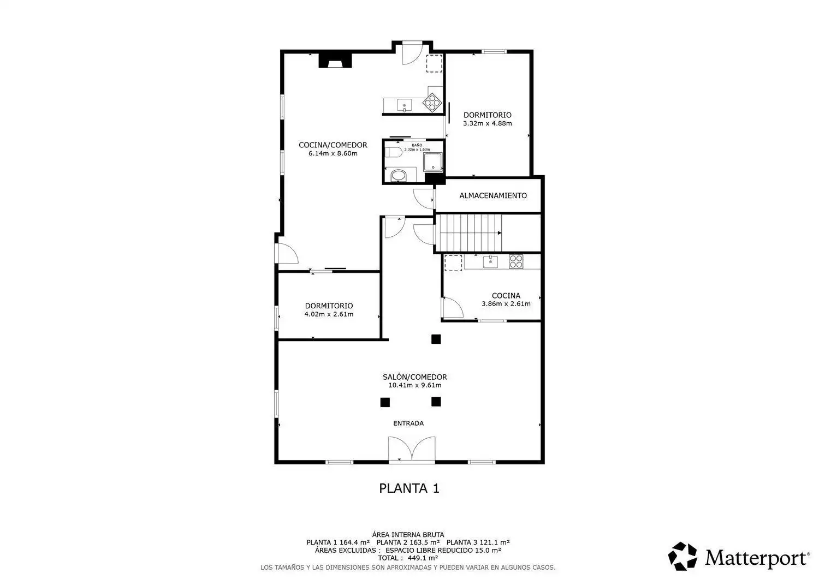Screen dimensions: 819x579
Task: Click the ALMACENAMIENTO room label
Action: pos(493,195)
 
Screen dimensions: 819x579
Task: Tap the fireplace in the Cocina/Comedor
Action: pos(335,61)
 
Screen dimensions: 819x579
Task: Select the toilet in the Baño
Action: pos(393,152)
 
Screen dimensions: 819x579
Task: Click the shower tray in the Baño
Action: pos(432,162)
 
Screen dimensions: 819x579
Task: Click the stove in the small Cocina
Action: pos(516,262)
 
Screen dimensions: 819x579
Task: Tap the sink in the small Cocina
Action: pos(490,262)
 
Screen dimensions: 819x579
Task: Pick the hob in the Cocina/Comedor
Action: pos(432,103)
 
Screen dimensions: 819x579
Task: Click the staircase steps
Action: pos(471,233)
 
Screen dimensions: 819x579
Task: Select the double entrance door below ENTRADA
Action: pos(412,449)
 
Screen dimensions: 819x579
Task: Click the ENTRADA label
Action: pos(408,423)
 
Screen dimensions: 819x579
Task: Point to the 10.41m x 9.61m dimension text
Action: pos(414,385)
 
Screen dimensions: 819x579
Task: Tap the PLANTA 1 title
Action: pos(409,488)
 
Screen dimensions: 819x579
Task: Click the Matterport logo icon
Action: pos(682,557)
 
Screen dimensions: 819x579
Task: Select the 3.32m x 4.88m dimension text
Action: pos(488,123)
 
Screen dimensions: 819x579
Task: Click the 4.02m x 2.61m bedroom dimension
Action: pos(329,314)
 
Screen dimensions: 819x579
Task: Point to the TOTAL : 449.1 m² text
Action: pos(408,558)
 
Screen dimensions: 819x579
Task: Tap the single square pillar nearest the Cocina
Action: pos(436,339)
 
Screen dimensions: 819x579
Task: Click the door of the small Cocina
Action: pos(453,307)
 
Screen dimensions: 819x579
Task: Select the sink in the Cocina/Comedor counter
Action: pos(405,105)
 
